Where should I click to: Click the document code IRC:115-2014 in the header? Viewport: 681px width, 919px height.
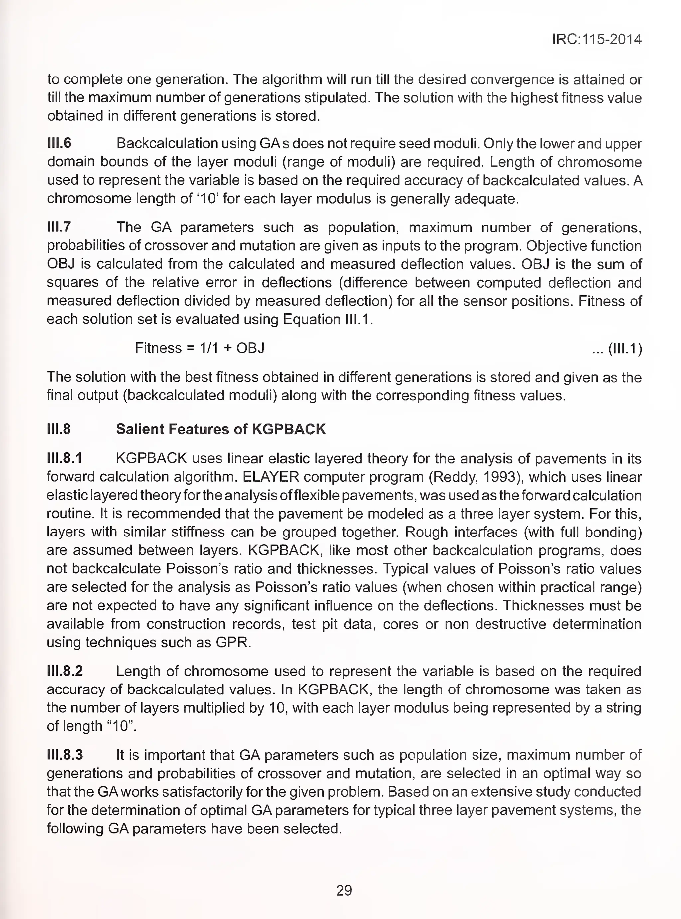(597, 39)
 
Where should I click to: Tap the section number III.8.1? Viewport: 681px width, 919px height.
(64, 458)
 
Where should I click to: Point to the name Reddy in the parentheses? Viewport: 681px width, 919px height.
(454, 477)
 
